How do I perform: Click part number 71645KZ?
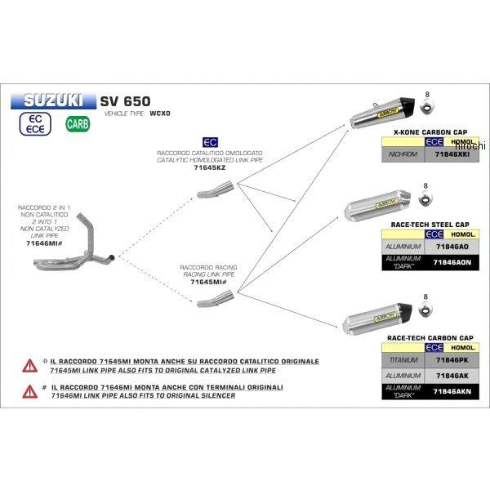208,167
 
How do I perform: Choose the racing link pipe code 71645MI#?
209,282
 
